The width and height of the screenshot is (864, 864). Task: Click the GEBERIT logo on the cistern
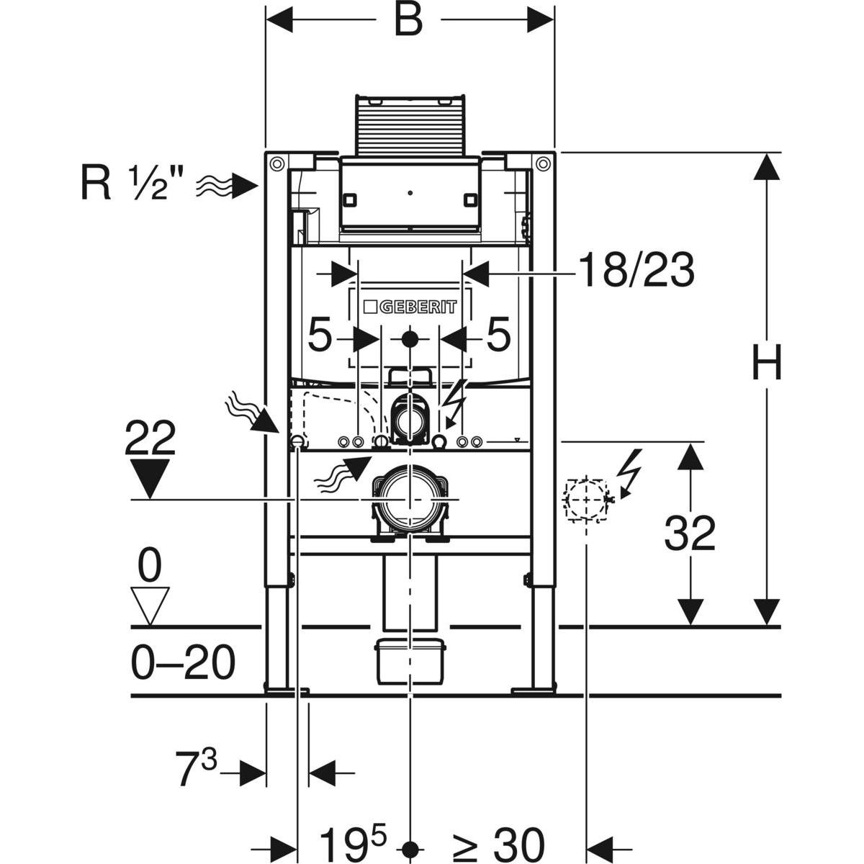click(410, 307)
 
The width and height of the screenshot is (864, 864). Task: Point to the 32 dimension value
click(690, 534)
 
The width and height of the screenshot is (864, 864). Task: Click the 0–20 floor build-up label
click(184, 663)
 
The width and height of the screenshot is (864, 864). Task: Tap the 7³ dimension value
click(197, 770)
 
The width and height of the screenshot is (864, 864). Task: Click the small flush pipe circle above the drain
click(409, 418)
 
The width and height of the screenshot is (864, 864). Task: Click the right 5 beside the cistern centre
click(498, 336)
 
